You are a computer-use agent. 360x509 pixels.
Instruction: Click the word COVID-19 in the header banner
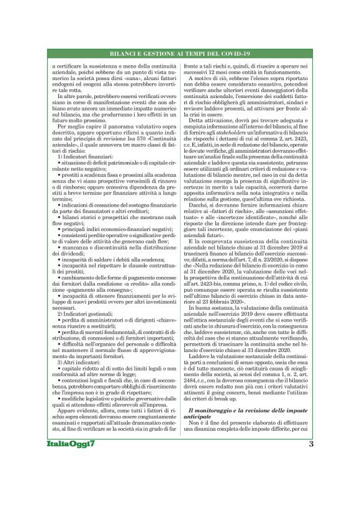(230, 53)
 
